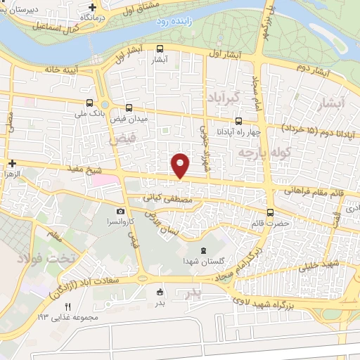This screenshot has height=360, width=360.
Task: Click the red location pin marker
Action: [x=181, y=165]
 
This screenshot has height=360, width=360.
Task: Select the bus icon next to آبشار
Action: [x=160, y=49]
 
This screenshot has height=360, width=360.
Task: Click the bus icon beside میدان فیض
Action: [x=128, y=108]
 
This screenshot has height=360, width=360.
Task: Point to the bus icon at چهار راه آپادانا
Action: [x=238, y=120]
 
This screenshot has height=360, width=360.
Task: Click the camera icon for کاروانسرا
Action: [x=121, y=211]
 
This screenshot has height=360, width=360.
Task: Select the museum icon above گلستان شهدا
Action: [x=203, y=251]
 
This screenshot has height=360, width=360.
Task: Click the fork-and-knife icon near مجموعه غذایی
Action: [x=68, y=307]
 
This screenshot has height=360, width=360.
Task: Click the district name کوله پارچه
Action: [x=255, y=152]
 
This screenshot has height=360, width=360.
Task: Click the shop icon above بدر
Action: [x=160, y=292]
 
